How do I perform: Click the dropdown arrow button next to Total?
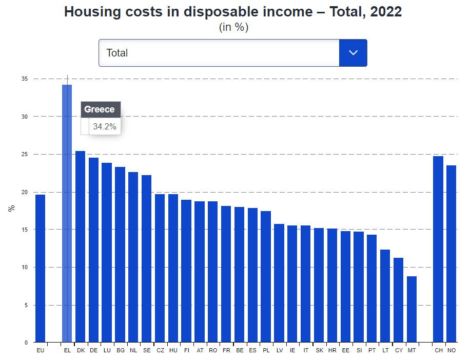pyautogui.click(x=353, y=53)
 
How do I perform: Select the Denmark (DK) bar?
pyautogui.click(x=80, y=247)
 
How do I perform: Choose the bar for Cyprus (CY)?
pyautogui.click(x=398, y=300)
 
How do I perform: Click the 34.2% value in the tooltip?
pyautogui.click(x=105, y=126)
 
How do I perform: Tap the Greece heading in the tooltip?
pyautogui.click(x=100, y=109)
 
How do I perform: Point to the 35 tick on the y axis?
pyautogui.click(x=24, y=79)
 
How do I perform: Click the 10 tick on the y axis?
pyautogui.click(x=24, y=268)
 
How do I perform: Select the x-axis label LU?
pyautogui.click(x=107, y=350)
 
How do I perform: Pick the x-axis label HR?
pyautogui.click(x=332, y=350)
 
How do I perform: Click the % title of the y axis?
pyautogui.click(x=11, y=209)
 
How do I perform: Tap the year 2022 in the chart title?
pyautogui.click(x=384, y=12)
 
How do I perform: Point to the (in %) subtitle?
pyautogui.click(x=233, y=28)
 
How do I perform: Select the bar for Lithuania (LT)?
pyautogui.click(x=385, y=296)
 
